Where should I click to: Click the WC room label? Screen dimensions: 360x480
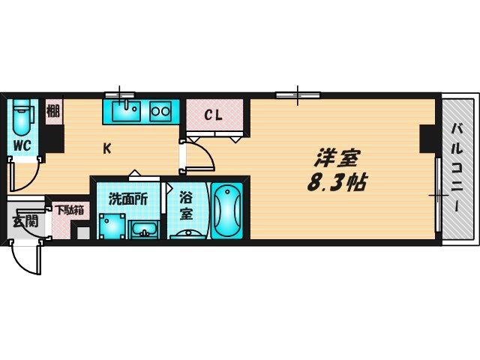22,145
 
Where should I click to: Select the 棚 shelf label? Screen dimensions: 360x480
53,112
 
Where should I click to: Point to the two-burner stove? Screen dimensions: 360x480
161,112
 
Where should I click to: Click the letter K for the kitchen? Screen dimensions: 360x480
107,148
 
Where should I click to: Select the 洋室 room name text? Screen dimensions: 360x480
337,158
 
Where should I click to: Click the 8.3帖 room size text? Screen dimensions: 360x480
336,182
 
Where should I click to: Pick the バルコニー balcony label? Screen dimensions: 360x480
456,169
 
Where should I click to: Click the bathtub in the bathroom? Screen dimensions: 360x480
227,211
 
